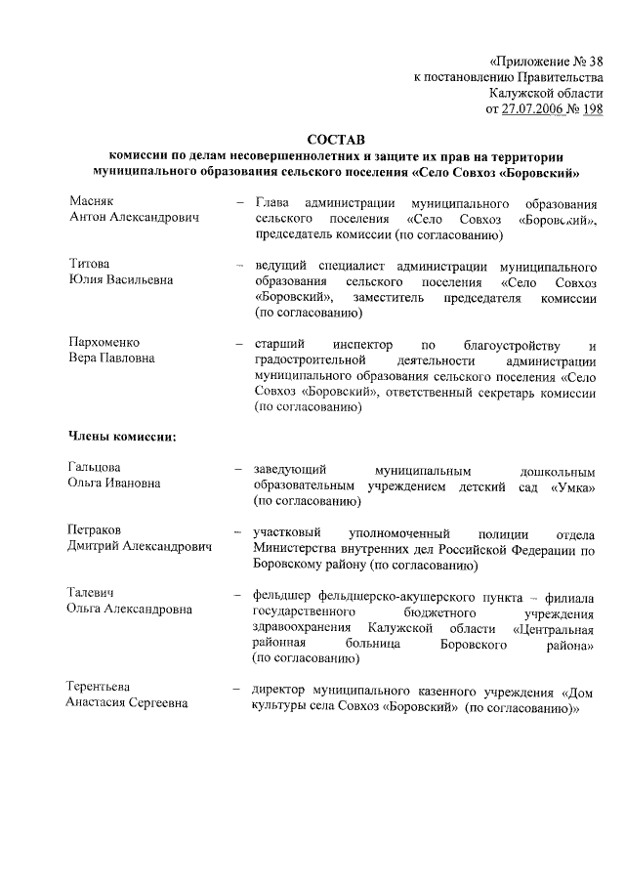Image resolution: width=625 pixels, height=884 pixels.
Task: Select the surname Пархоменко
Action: [x=104, y=344]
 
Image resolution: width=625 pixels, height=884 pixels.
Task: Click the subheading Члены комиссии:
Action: [x=122, y=436]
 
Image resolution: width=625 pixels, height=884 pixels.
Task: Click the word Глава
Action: [x=273, y=202]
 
